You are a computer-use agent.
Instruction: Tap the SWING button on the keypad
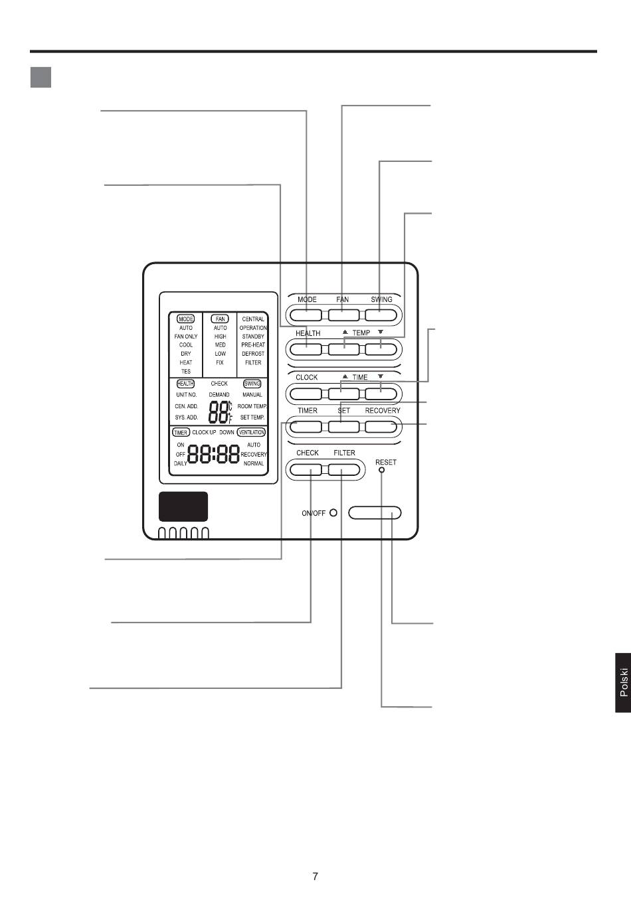381,315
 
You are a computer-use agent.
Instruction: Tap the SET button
343,427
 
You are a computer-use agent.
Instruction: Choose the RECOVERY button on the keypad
381,427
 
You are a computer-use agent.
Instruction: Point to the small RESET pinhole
381,471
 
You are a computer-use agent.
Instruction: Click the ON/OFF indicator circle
333,512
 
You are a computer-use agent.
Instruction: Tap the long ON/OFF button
375,512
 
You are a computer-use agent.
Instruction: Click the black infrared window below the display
183,506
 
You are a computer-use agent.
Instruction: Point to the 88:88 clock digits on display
214,454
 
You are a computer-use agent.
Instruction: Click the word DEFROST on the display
253,354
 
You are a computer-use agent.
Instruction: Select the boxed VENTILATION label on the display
251,432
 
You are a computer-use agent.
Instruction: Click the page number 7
315,876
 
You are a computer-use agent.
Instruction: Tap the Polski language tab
623,682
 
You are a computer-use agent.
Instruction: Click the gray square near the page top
41,77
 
